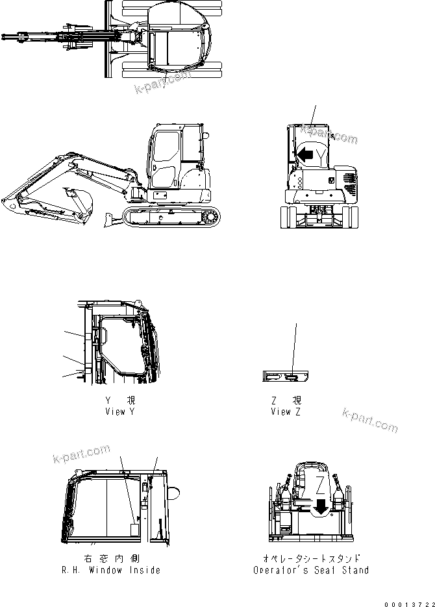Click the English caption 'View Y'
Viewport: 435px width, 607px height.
coord(121,412)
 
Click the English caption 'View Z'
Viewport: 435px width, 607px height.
coord(286,412)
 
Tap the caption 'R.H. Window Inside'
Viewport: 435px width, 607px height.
coord(120,570)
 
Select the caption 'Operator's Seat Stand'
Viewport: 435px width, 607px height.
coord(311,570)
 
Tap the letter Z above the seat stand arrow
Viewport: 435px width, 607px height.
coord(321,484)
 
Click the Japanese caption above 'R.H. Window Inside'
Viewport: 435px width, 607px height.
coord(120,558)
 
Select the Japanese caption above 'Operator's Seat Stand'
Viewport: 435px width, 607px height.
coord(311,558)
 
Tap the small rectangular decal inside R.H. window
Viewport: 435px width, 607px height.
coord(134,530)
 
